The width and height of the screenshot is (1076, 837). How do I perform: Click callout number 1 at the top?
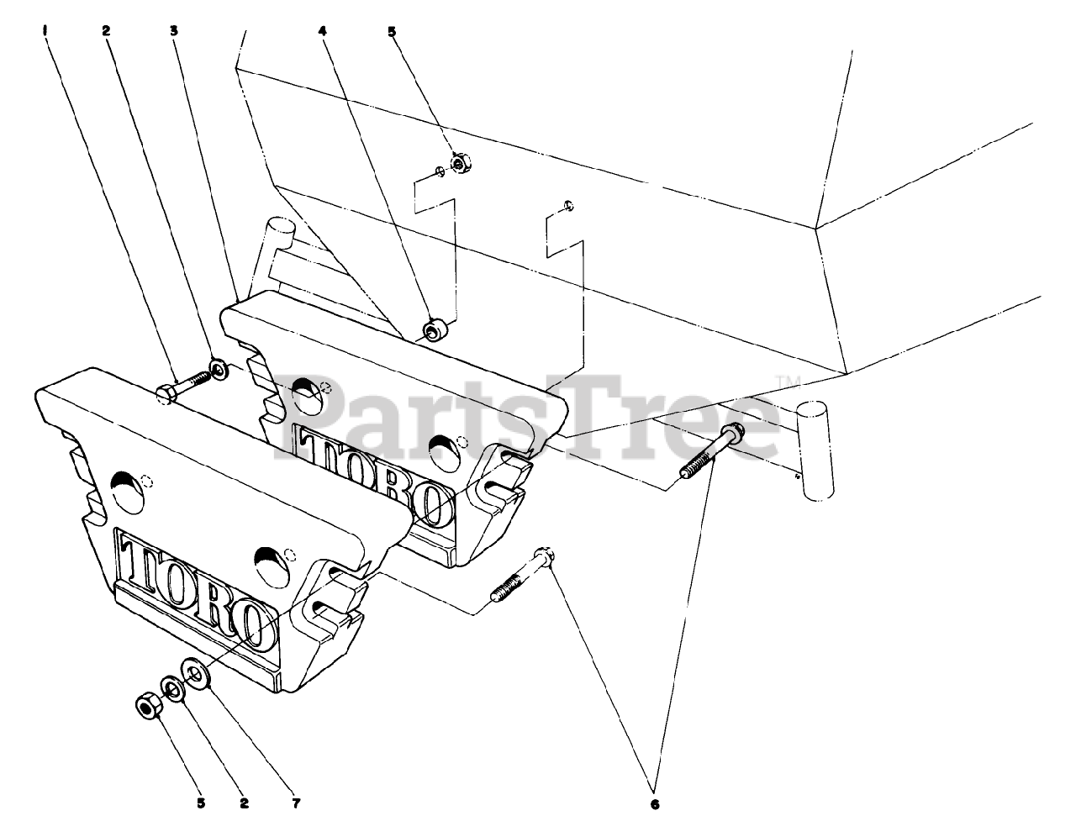pyautogui.click(x=46, y=31)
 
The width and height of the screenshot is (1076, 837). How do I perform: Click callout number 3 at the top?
pyautogui.click(x=174, y=31)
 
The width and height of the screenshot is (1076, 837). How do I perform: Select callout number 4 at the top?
pyautogui.click(x=322, y=31)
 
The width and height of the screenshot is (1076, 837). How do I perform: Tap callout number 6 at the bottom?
pyautogui.click(x=655, y=804)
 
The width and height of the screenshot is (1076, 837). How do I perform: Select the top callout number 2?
pyautogui.click(x=107, y=31)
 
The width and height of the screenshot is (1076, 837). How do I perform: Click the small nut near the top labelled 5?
pyautogui.click(x=459, y=163)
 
